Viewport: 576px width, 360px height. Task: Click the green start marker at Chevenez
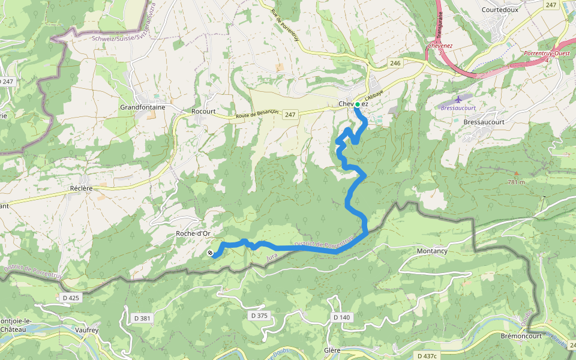(358, 104)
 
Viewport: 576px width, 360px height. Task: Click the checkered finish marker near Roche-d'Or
(210, 253)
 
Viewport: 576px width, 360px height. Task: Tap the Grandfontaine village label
(142, 107)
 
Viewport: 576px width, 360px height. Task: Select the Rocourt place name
(203, 111)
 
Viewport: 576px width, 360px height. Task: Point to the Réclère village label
(81, 188)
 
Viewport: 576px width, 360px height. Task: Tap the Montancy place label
(432, 251)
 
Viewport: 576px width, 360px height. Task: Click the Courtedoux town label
(500, 10)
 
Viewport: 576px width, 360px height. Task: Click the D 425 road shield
(71, 297)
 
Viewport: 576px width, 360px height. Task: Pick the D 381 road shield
(140, 318)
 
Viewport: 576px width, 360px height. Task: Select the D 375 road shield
(259, 315)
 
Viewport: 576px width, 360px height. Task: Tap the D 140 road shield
(340, 317)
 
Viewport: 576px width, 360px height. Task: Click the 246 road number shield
(394, 62)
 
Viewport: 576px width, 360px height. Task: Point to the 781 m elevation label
(515, 182)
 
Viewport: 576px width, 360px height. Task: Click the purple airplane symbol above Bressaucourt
(460, 98)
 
